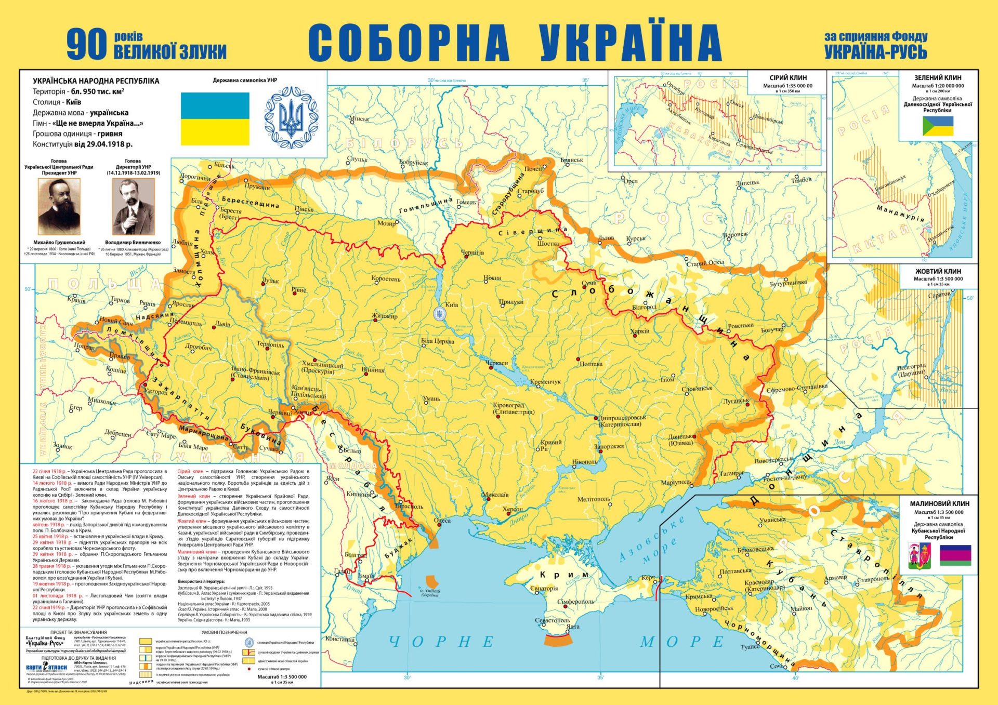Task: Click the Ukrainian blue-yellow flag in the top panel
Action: pyautogui.click(x=215, y=119)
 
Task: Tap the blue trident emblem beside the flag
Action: pyautogui.click(x=291, y=118)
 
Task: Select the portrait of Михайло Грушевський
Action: pyautogui.click(x=59, y=206)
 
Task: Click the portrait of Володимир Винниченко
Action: pyautogui.click(x=133, y=207)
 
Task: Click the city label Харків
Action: pyautogui.click(x=639, y=331)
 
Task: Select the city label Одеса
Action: pyautogui.click(x=442, y=520)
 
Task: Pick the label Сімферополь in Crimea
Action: pyautogui.click(x=575, y=602)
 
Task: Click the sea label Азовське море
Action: pyautogui.click(x=652, y=541)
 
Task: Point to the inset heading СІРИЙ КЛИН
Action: pyautogui.click(x=787, y=77)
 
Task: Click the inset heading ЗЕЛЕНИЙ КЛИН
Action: pyautogui.click(x=938, y=77)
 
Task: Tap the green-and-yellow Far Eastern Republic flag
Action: pyautogui.click(x=938, y=126)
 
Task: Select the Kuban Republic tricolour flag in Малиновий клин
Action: pyautogui.click(x=955, y=555)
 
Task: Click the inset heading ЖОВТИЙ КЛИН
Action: pyautogui.click(x=938, y=271)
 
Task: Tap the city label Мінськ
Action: pyautogui.click(x=359, y=119)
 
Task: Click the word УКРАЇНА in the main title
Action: pyautogui.click(x=630, y=43)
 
